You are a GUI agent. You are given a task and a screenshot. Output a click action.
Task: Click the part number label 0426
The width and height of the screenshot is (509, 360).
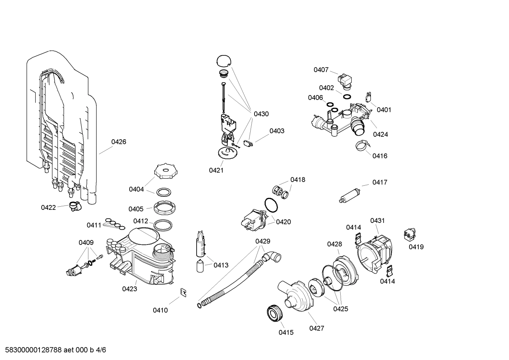(x=119, y=142)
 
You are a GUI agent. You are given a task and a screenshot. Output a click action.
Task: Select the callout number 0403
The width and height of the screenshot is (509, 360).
(x=277, y=131)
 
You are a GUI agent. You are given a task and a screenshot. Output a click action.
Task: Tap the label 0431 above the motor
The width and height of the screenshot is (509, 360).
(x=377, y=221)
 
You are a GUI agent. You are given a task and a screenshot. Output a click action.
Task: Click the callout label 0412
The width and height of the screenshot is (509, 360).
(x=140, y=221)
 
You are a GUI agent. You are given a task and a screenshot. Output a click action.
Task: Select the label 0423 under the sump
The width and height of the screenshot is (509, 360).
(x=130, y=289)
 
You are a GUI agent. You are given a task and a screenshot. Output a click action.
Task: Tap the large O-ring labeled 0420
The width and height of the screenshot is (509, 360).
(x=271, y=205)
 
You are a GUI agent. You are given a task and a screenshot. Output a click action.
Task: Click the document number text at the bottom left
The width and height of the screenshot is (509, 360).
(x=53, y=350)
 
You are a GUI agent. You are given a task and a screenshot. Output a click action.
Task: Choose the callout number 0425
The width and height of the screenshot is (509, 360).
(x=341, y=309)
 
